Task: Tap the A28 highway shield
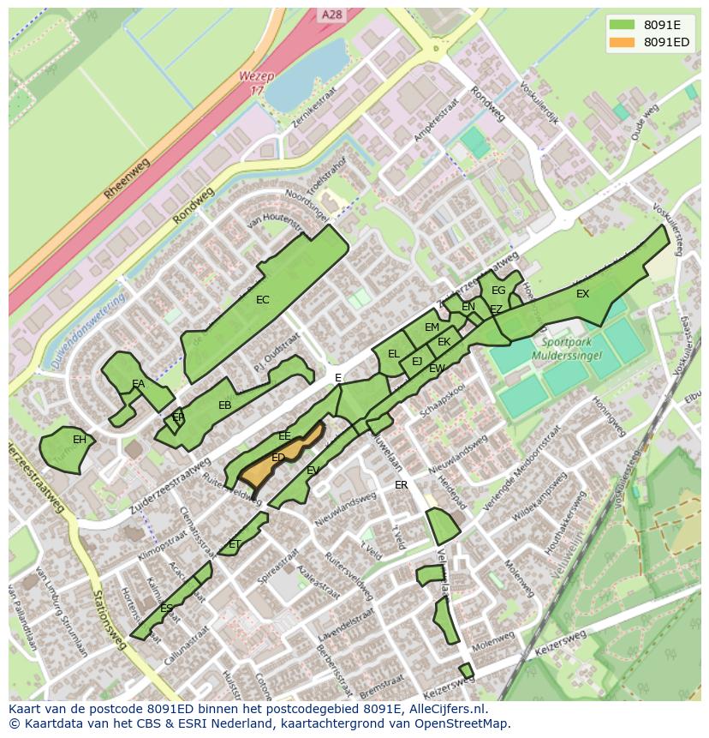(x=331, y=15)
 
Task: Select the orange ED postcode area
(x=279, y=458)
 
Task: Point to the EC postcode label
(x=263, y=300)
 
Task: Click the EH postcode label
(x=80, y=440)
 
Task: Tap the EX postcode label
(x=582, y=294)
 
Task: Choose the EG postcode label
(x=497, y=291)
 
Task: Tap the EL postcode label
(x=393, y=353)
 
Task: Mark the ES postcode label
(x=166, y=609)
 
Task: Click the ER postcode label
(x=401, y=485)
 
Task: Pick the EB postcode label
(x=224, y=405)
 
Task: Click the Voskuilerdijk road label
(x=539, y=105)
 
